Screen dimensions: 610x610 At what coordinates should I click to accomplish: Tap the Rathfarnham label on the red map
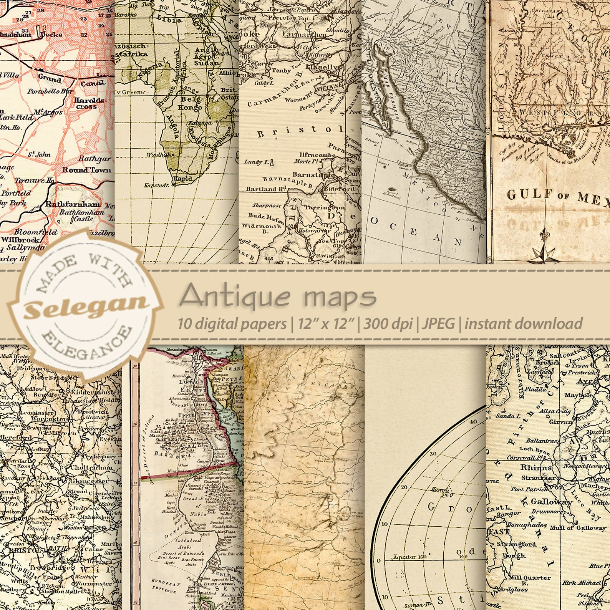tap(72, 204)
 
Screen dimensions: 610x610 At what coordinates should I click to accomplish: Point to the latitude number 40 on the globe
tap(472, 421)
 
